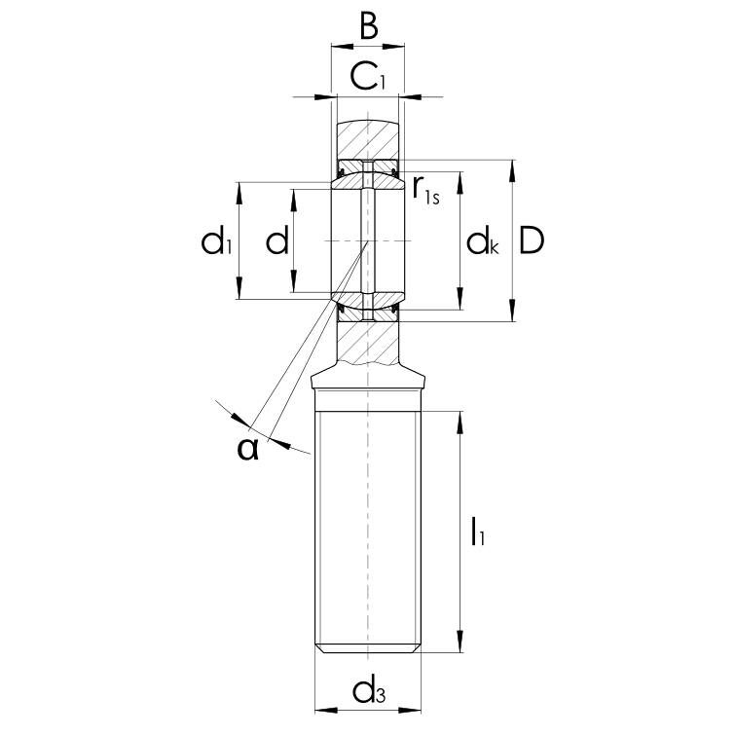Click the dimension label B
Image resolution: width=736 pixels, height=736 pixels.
pyautogui.click(x=368, y=27)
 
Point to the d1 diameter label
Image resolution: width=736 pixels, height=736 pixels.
pyautogui.click(x=216, y=241)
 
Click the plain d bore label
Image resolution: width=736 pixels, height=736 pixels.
pyautogui.click(x=276, y=241)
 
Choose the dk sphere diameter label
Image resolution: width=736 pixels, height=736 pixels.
pyautogui.click(x=483, y=241)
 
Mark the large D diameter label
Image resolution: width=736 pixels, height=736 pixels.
pyautogui.click(x=532, y=240)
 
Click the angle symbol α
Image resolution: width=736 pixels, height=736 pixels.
pyautogui.click(x=248, y=449)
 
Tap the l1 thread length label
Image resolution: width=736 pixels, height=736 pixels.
pyautogui.click(x=478, y=531)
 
